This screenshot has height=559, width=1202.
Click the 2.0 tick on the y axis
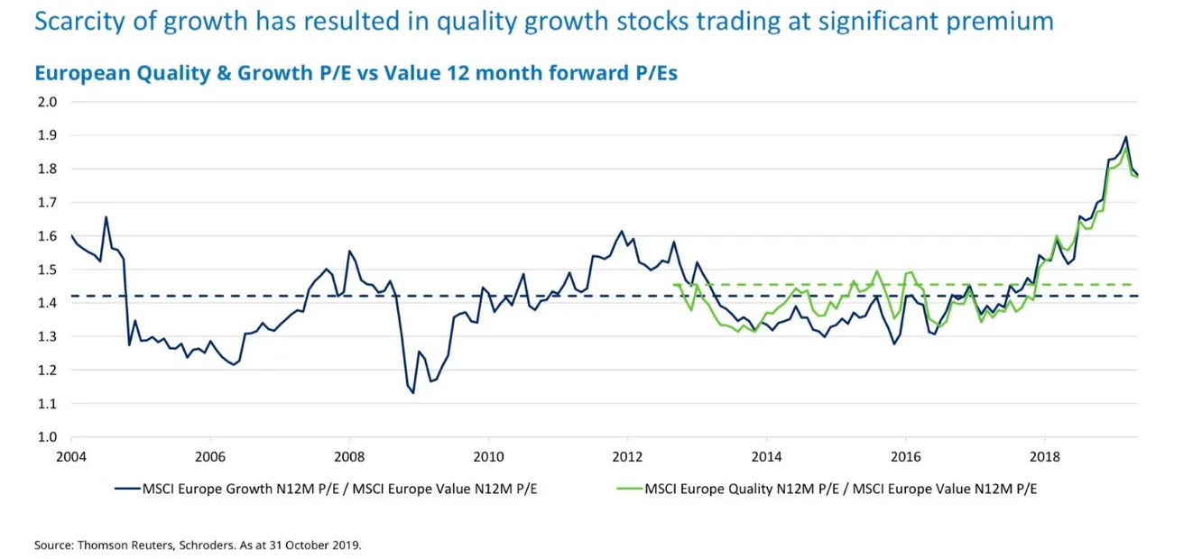pyautogui.click(x=46, y=102)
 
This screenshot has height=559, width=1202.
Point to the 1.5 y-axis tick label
pyautogui.click(x=46, y=270)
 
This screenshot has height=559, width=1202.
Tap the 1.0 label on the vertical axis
pyautogui.click(x=46, y=437)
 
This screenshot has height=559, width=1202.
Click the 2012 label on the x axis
pyautogui.click(x=627, y=455)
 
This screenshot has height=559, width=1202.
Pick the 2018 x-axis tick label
pyautogui.click(x=1045, y=455)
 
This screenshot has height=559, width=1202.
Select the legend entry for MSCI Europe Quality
pyautogui.click(x=840, y=490)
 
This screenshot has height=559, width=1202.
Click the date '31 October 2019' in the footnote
pyautogui.click(x=318, y=545)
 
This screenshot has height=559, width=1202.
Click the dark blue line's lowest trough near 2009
pyautogui.click(x=413, y=393)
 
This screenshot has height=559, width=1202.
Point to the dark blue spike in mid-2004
pyautogui.click(x=106, y=216)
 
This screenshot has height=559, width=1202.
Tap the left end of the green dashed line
pyautogui.click(x=673, y=285)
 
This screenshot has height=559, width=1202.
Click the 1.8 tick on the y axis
pyautogui.click(x=46, y=169)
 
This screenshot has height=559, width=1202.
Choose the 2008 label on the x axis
pyautogui.click(x=349, y=455)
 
